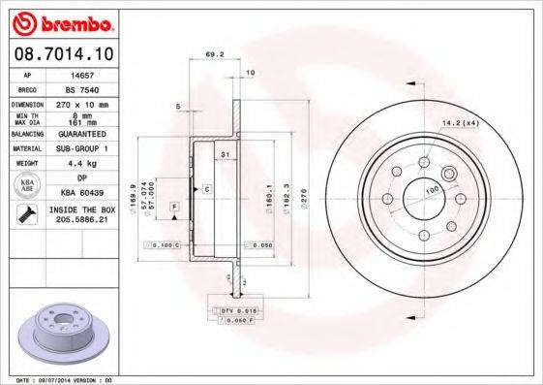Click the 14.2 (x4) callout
[x=461, y=123]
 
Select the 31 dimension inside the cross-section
[x=224, y=156]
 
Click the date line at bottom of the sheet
[x=60, y=379]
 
